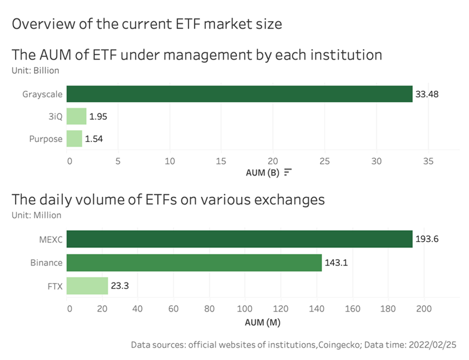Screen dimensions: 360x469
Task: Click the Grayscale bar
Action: pyautogui.click(x=239, y=94)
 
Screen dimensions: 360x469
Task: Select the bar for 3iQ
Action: pyautogui.click(x=76, y=116)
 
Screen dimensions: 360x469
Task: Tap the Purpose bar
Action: pyautogui.click(x=74, y=139)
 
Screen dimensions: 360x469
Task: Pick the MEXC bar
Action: pyautogui.click(x=239, y=239)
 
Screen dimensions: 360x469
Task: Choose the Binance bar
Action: pyautogui.click(x=194, y=263)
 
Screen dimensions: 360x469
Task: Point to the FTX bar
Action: pyautogui.click(x=87, y=286)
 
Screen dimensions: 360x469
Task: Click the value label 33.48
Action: pyautogui.click(x=427, y=94)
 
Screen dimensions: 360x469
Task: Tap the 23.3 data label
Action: pyautogui.click(x=120, y=286)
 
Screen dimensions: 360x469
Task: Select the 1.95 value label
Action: pyautogui.click(x=98, y=116)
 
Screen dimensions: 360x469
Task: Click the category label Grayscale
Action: pyautogui.click(x=42, y=94)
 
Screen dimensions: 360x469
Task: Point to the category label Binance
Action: pyautogui.click(x=46, y=263)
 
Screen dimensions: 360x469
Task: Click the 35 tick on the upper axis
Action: pyautogui.click(x=428, y=161)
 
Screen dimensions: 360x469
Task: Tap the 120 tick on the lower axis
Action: pyautogui.click(x=280, y=308)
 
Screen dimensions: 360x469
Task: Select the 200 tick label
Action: pyautogui.click(x=424, y=308)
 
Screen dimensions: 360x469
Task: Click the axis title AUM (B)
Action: pyautogui.click(x=263, y=173)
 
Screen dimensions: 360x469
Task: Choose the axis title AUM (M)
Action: pyautogui.click(x=263, y=322)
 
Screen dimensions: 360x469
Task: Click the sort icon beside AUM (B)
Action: pyautogui.click(x=288, y=173)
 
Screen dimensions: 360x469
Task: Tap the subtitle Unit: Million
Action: pyautogui.click(x=36, y=216)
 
